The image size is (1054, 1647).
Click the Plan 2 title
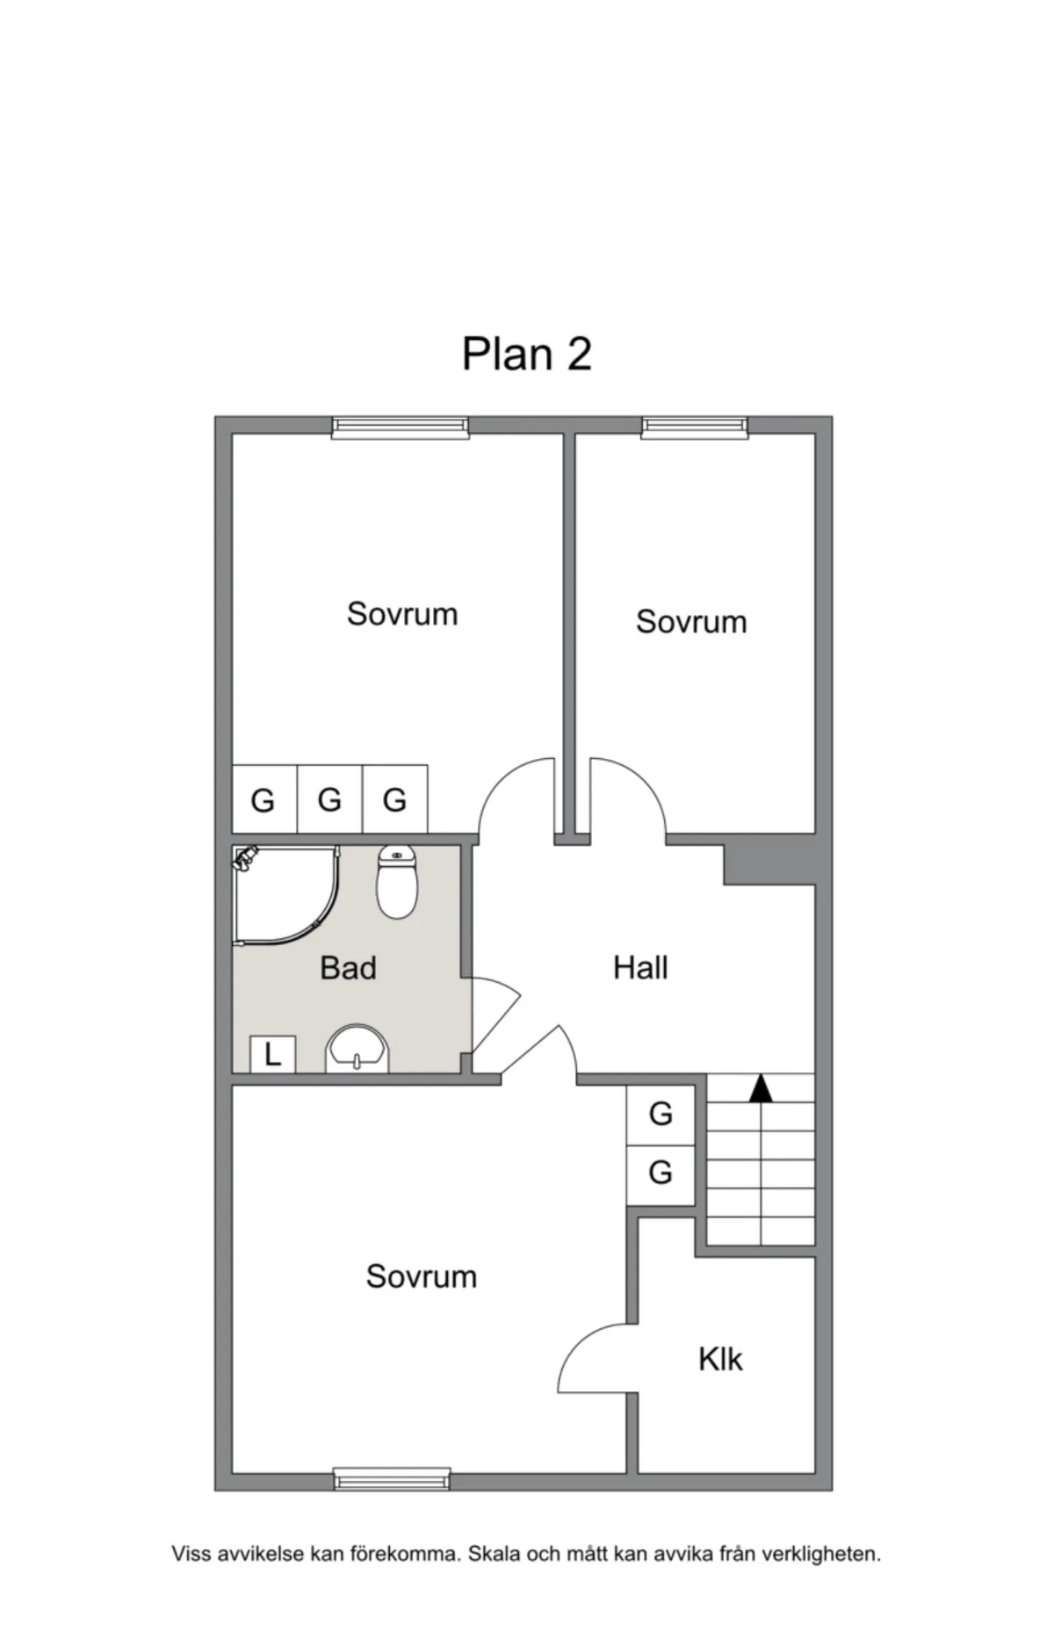click(x=527, y=354)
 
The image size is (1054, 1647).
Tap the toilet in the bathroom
click(x=397, y=882)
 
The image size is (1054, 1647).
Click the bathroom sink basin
click(x=357, y=1048)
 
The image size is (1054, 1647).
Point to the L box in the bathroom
click(x=272, y=1054)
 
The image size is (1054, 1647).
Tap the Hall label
click(x=640, y=968)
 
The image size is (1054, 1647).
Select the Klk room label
click(x=720, y=1360)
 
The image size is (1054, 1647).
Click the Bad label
click(x=348, y=968)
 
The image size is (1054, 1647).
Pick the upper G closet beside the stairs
click(x=661, y=1115)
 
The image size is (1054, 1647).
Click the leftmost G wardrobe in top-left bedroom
click(x=264, y=799)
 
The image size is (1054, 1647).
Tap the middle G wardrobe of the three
click(x=330, y=799)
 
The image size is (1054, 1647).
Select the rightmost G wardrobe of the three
click(x=395, y=799)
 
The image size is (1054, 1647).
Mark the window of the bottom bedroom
click(x=393, y=1479)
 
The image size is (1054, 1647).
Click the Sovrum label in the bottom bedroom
click(x=422, y=1276)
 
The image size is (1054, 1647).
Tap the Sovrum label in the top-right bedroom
click(x=691, y=622)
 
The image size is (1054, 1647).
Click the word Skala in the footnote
click(x=495, y=1554)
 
